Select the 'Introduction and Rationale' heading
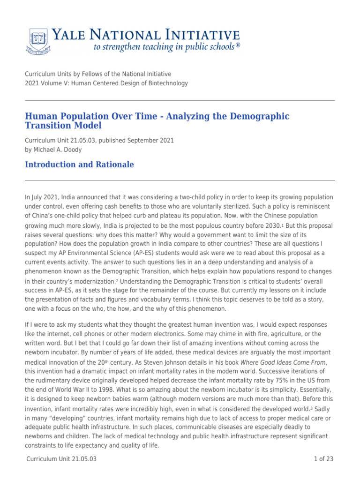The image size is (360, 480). (x=79, y=165)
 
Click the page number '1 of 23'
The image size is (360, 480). (x=323, y=459)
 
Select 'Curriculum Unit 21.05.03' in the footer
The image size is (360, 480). (x=60, y=459)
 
